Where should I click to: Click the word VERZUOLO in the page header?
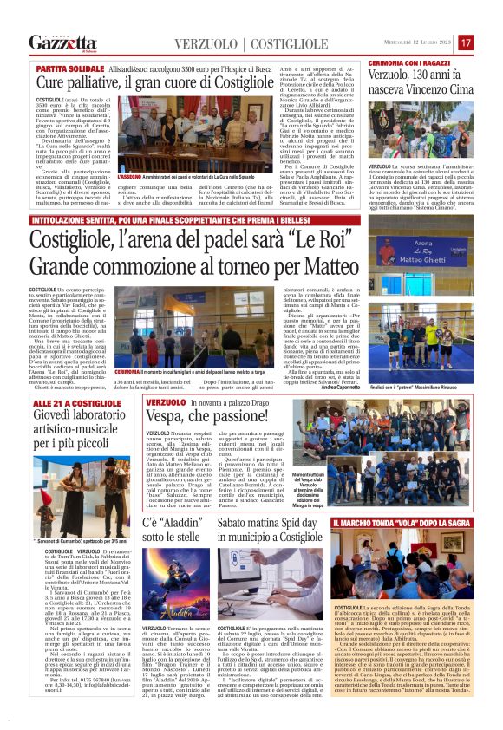[x=204, y=43]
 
